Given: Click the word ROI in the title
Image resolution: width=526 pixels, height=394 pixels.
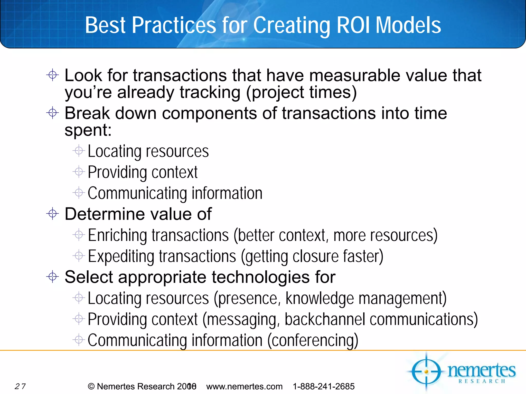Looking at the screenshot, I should point(353,25).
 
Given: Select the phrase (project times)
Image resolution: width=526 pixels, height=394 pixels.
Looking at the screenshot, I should point(302,92).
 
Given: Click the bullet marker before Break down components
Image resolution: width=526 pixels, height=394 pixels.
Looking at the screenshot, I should point(53,113).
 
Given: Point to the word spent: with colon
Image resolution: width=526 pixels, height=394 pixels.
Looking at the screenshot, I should point(88,130).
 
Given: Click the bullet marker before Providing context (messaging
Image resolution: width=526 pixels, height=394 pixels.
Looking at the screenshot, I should point(79,319).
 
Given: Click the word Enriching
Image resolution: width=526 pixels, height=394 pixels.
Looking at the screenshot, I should point(117,235).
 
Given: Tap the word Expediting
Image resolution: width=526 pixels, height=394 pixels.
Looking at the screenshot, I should point(121,256).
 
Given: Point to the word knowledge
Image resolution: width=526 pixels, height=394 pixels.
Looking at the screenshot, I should point(320,298).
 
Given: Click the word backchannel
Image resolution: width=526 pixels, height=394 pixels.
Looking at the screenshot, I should point(325,319).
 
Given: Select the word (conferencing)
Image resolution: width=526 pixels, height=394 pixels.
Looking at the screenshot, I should point(313,340).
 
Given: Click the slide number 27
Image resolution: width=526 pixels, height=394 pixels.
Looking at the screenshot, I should point(20,386).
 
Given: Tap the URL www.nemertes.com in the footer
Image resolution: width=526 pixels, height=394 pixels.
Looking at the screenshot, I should point(244,386).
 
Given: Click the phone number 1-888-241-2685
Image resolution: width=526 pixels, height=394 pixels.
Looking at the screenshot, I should point(324,386).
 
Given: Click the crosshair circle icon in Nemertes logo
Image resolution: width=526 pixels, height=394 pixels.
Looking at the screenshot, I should point(426,371).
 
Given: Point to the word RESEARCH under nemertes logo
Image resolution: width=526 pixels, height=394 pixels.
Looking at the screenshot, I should point(482,381).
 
